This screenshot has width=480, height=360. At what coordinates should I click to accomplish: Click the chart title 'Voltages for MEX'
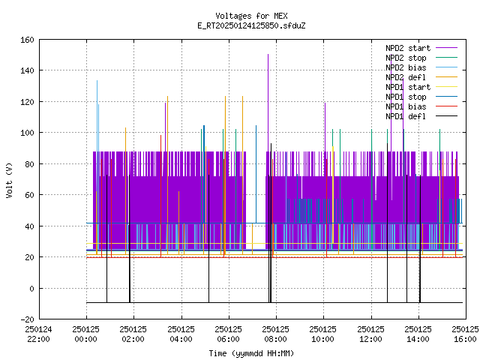(251, 16)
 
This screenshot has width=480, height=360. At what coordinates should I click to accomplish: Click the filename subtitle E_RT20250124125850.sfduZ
(251, 25)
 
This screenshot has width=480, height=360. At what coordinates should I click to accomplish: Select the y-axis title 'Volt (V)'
(10, 180)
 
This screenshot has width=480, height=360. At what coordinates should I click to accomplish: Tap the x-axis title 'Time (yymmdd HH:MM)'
(251, 353)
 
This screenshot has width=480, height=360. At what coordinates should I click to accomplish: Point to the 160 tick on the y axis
(27, 40)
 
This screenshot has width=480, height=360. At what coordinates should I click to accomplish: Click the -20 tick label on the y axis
(27, 319)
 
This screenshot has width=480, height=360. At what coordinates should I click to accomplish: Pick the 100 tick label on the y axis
(27, 133)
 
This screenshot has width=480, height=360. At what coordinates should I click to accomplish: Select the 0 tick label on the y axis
(31, 288)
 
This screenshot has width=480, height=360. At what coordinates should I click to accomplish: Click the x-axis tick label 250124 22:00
(38, 334)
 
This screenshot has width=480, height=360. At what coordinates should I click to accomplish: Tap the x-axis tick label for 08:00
(275, 334)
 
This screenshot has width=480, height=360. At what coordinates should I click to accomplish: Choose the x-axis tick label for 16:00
(465, 334)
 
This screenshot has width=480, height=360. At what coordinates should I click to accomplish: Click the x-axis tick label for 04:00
(181, 334)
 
